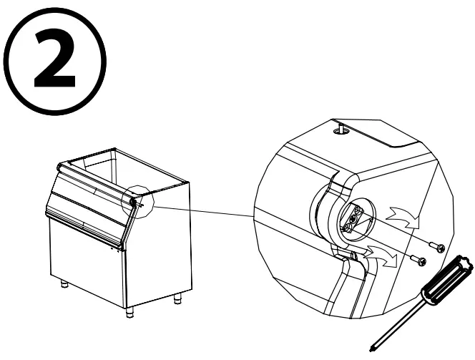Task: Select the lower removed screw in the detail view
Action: click(x=418, y=261)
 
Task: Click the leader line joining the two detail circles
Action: click(x=200, y=210)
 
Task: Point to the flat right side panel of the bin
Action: click(x=157, y=243)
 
